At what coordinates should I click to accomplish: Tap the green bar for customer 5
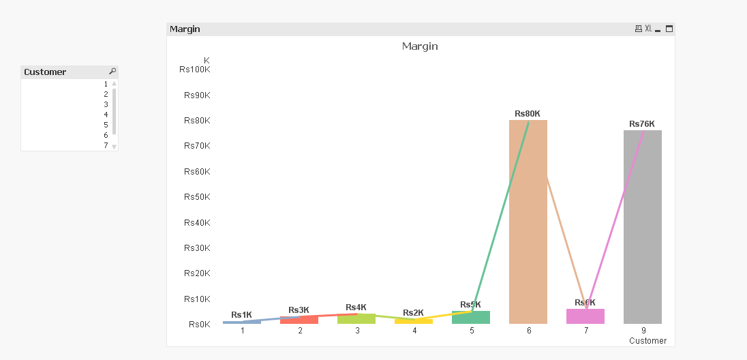[470, 318]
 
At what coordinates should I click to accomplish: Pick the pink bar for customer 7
[585, 316]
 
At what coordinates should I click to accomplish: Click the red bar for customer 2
[299, 320]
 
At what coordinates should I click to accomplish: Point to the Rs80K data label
[528, 114]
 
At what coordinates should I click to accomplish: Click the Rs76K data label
[642, 124]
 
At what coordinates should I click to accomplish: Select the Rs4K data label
[356, 307]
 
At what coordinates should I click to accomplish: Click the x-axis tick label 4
[414, 331]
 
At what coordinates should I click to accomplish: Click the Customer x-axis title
[647, 340]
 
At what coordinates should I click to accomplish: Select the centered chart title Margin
[420, 46]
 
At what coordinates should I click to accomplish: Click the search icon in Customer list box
[112, 72]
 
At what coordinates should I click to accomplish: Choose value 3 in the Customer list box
[106, 104]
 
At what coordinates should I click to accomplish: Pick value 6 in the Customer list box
[106, 135]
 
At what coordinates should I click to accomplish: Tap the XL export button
[648, 29]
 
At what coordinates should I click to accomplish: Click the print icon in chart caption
[638, 29]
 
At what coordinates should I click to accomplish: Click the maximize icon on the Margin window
[669, 29]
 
